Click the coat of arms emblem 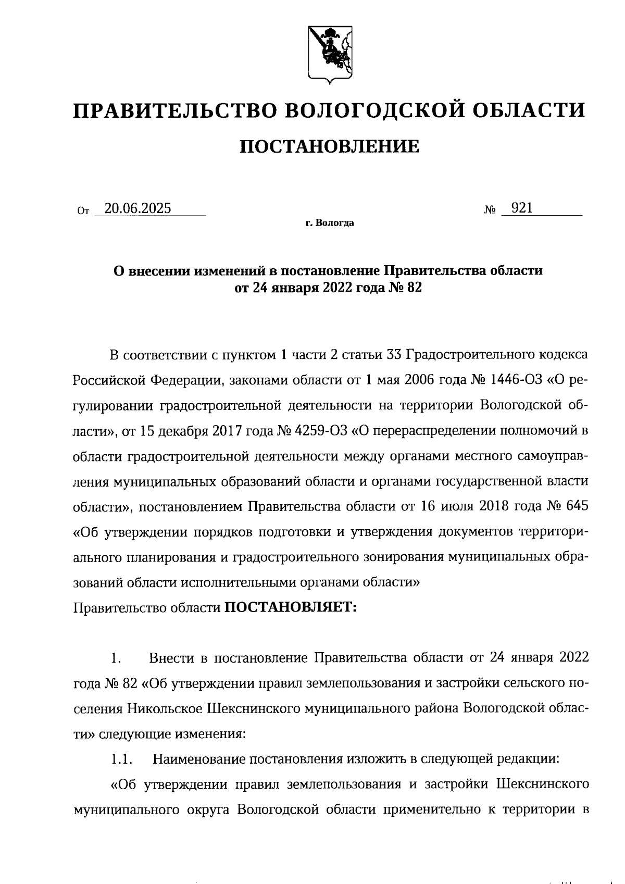(328, 52)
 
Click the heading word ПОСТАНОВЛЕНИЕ (329, 147)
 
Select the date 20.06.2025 (137, 209)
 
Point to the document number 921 (522, 208)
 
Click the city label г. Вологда (330, 223)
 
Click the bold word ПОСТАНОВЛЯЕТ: (290, 608)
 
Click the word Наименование (199, 759)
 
